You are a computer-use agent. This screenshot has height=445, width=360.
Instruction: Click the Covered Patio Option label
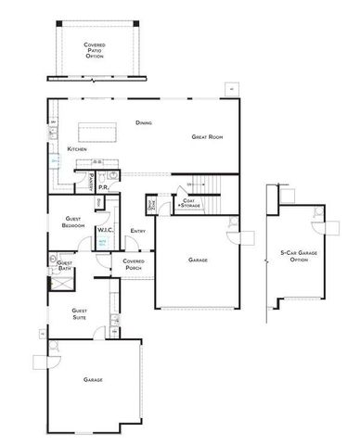coord(95,50)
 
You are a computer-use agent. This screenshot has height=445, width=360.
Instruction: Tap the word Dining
coord(143,122)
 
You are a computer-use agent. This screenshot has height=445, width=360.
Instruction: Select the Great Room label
coord(206,137)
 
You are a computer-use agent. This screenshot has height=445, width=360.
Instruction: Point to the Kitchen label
coord(78,149)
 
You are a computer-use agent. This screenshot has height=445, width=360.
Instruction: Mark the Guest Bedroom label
coord(73,223)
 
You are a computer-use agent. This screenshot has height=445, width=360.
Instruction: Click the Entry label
coord(138,230)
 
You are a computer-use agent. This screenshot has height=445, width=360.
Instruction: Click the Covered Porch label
coord(134,264)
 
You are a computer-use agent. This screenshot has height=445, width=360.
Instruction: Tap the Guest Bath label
coord(65,265)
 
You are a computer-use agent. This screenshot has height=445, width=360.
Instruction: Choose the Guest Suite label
coord(80,314)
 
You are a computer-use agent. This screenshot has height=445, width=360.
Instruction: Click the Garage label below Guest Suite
coord(92,379)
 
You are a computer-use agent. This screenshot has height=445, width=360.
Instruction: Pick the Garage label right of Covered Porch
coord(198,261)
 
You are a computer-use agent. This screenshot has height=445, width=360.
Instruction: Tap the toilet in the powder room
coord(111,174)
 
